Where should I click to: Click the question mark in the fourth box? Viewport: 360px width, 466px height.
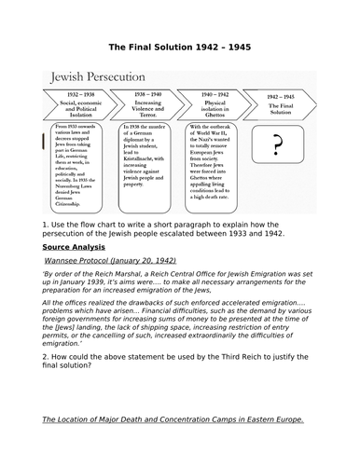275,146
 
